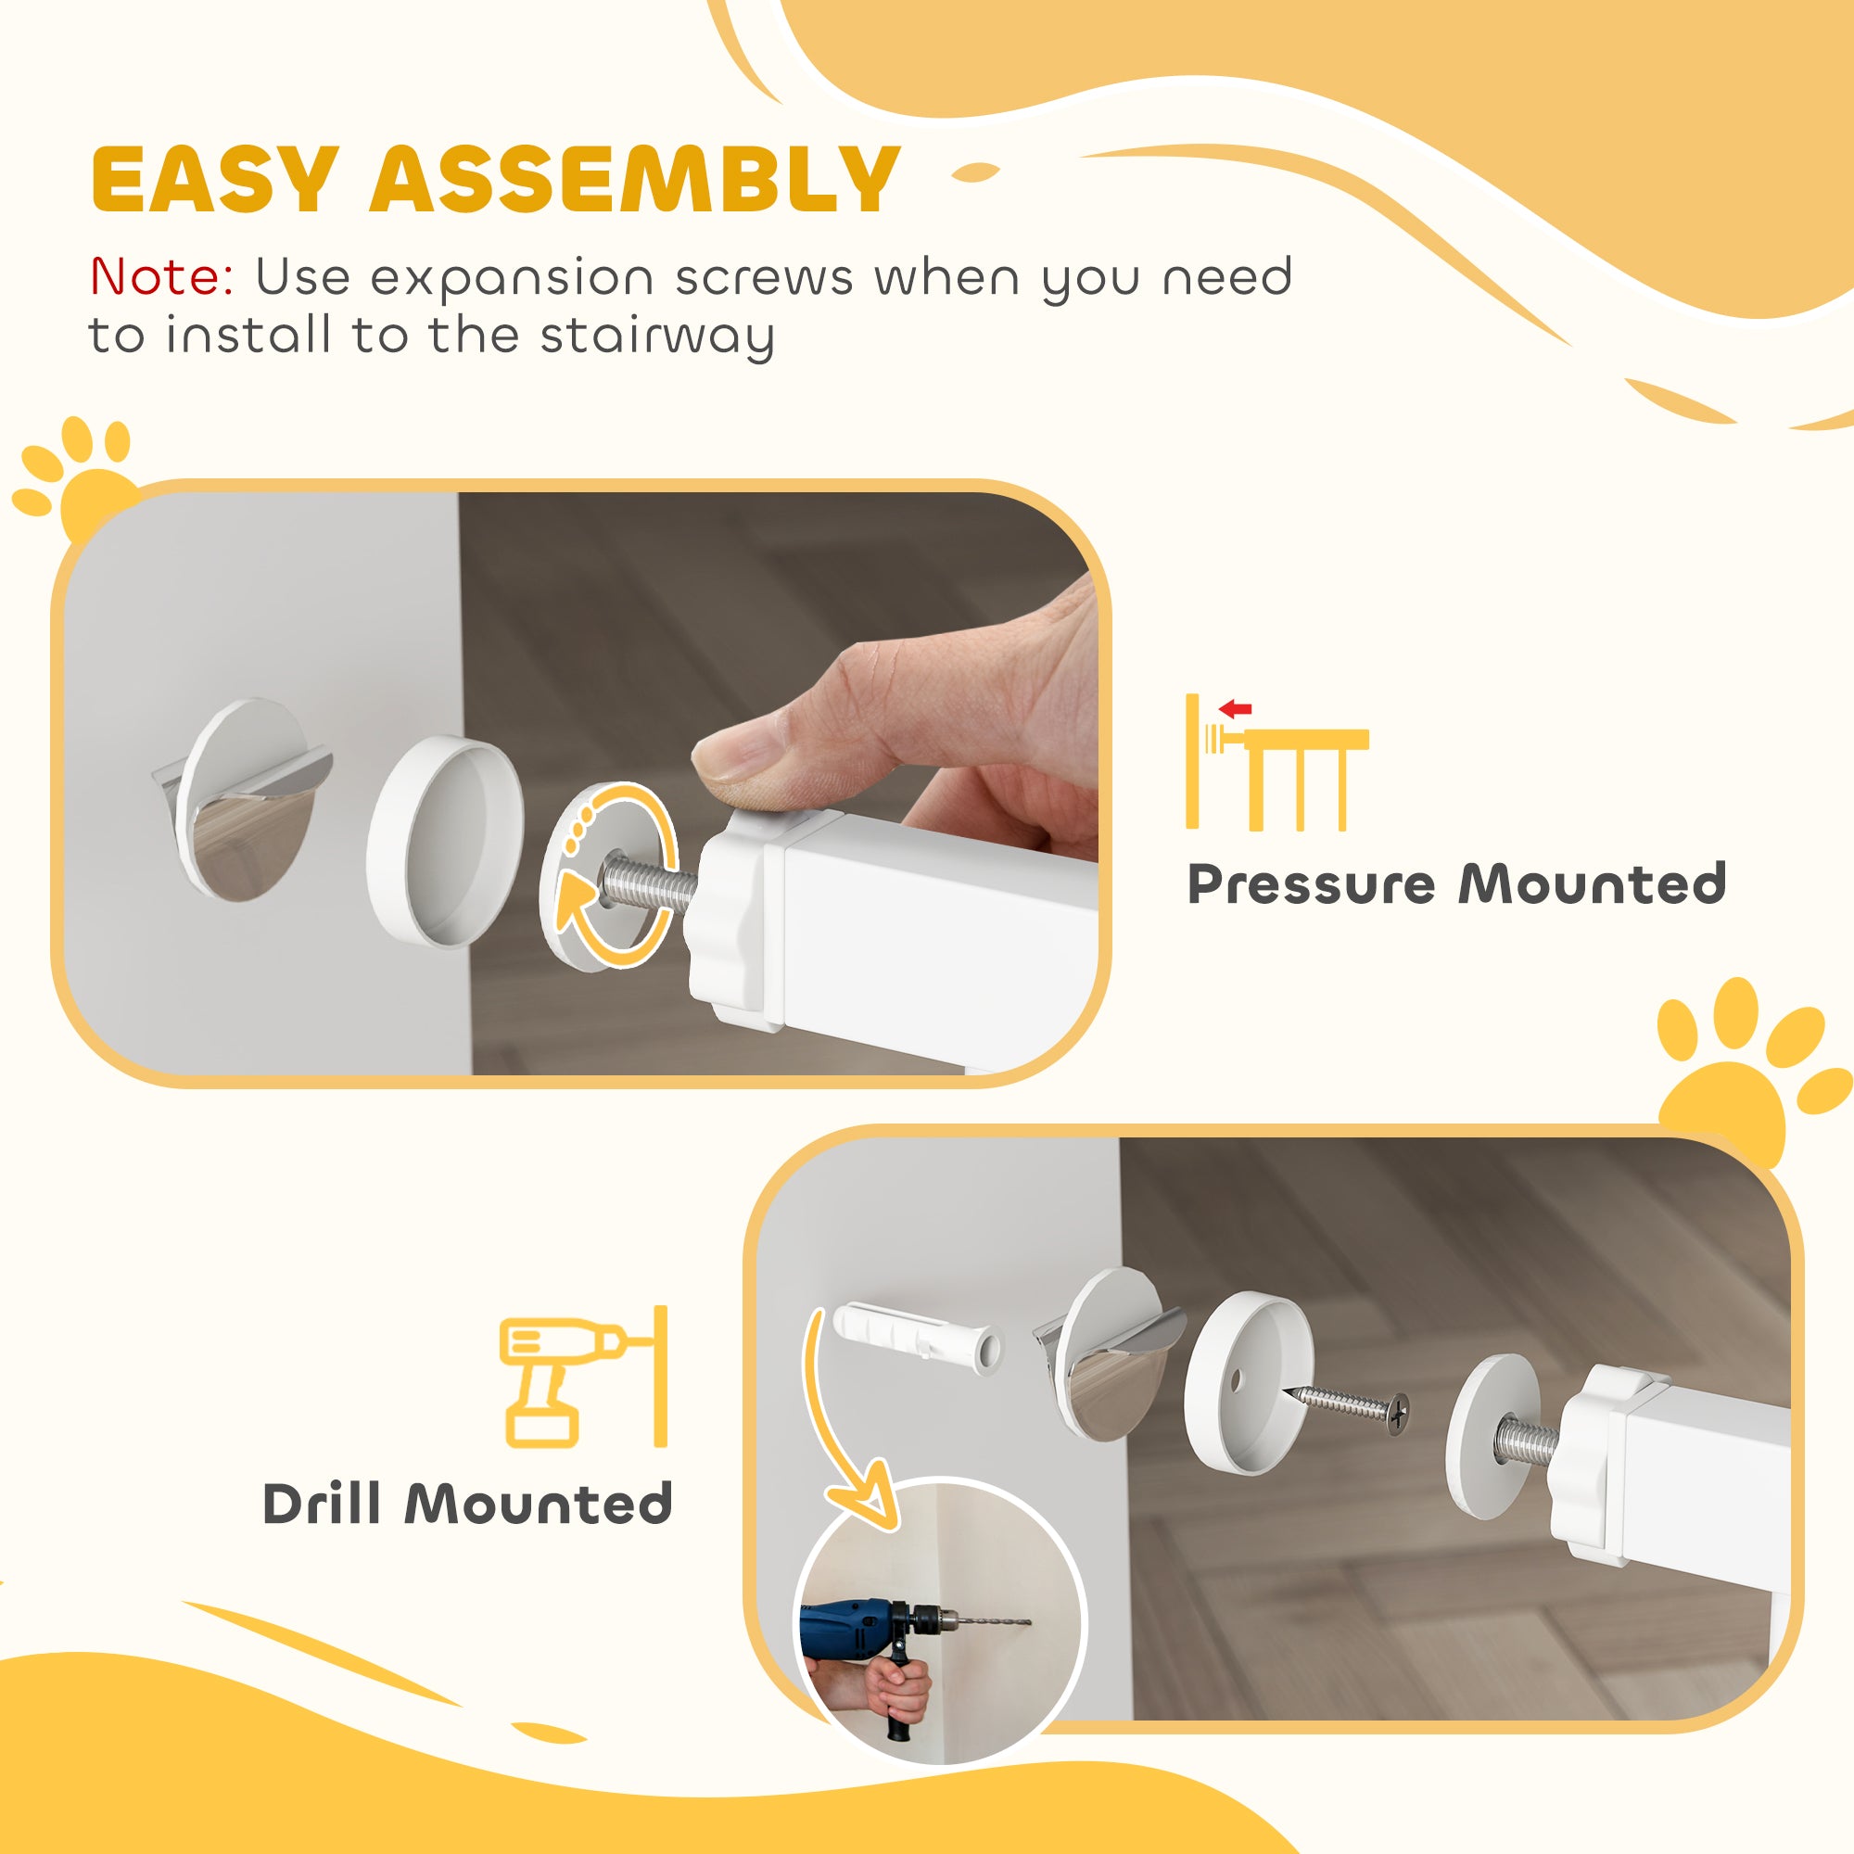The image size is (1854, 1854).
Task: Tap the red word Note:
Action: [161, 277]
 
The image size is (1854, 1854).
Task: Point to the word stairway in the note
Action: [657, 337]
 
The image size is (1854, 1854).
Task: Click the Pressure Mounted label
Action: [1456, 883]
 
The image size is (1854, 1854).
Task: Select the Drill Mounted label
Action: [467, 1504]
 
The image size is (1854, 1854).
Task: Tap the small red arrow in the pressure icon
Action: [1235, 709]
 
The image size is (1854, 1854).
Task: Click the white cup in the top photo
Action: [446, 834]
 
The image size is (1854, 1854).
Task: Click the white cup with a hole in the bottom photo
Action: [1249, 1382]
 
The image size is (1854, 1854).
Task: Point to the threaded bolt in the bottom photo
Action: [1527, 1440]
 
